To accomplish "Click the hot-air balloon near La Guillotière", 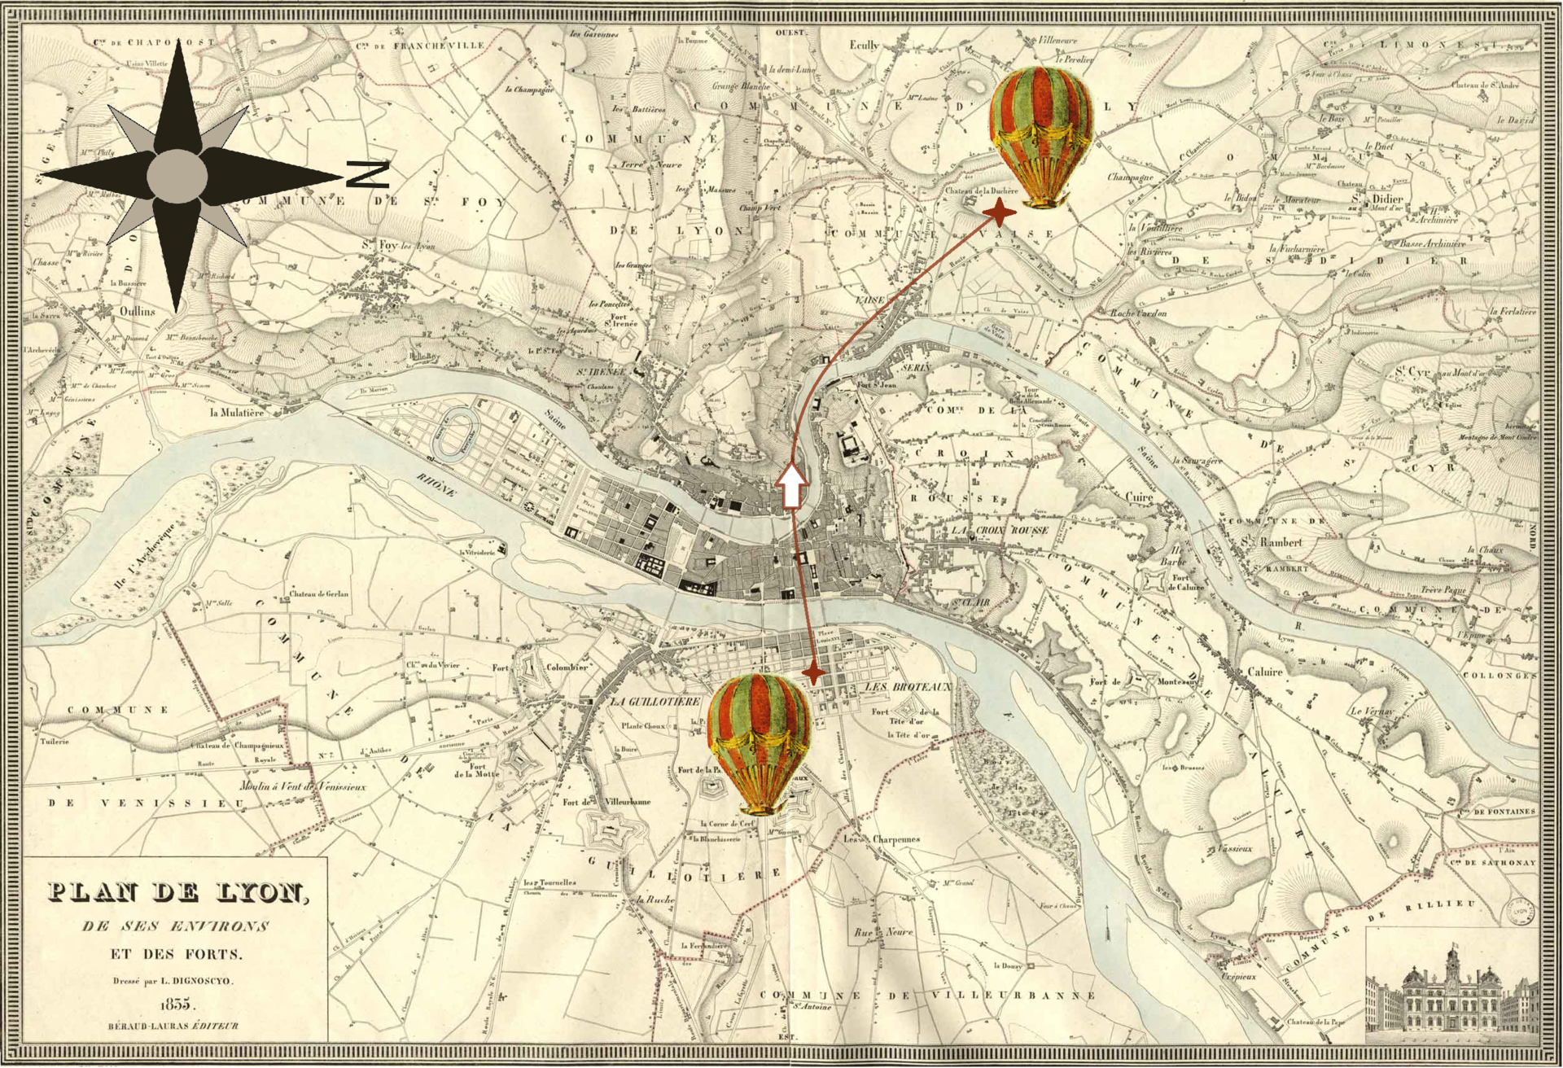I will point(759,743).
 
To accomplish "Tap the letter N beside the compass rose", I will point(368,174).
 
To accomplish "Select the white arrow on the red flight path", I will point(792,487).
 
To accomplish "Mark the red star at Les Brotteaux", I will point(813,674).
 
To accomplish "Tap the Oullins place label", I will point(137,311).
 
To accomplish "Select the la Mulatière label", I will point(237,413).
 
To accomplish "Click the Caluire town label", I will point(1264,672).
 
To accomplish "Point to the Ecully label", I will point(864,46).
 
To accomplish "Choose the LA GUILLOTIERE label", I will point(655,701).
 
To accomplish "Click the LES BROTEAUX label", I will point(908,687).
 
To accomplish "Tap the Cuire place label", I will point(1139,497).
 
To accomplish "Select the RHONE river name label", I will point(437,484).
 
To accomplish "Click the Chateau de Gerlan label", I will point(319,594).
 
